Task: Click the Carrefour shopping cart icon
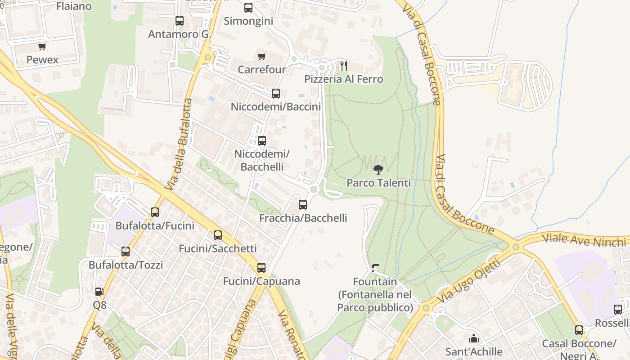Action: pyautogui.click(x=261, y=56)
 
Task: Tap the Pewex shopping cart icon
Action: pyautogui.click(x=42, y=46)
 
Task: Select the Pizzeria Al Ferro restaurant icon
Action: pyautogui.click(x=344, y=66)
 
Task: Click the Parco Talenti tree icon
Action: pyautogui.click(x=378, y=170)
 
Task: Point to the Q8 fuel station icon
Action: pyautogui.click(x=99, y=292)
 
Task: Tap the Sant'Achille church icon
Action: pyautogui.click(x=473, y=338)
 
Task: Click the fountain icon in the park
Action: pyautogui.click(x=375, y=269)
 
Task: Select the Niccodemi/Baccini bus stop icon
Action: pyautogui.click(x=276, y=94)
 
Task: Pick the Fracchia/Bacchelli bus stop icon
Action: pyautogui.click(x=303, y=205)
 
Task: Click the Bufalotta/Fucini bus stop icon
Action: pyautogui.click(x=155, y=212)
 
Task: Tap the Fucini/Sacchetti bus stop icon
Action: pyautogui.click(x=218, y=235)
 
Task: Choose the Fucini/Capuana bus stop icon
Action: pyautogui.click(x=261, y=268)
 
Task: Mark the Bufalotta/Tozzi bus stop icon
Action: pyautogui.click(x=126, y=251)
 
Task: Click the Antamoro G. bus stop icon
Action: pyautogui.click(x=180, y=21)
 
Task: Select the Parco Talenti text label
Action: pyautogui.click(x=378, y=183)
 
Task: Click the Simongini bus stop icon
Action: pyautogui.click(x=248, y=8)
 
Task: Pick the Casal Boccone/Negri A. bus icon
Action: pyautogui.click(x=579, y=330)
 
